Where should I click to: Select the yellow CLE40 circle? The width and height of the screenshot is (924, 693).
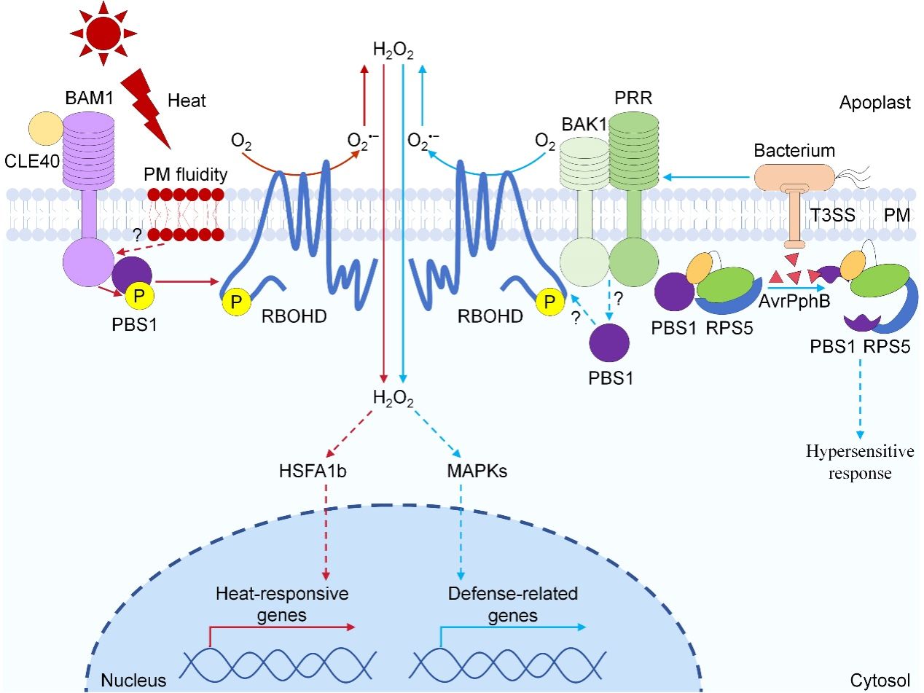click(x=47, y=129)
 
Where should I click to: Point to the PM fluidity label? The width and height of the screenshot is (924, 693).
click(x=184, y=175)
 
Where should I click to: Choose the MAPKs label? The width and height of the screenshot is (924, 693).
click(x=477, y=471)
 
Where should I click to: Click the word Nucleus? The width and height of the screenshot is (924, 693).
click(x=134, y=681)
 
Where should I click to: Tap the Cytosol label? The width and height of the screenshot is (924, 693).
click(x=880, y=681)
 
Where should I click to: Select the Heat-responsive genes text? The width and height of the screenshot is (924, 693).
click(x=282, y=605)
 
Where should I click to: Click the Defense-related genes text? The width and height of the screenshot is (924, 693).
click(x=512, y=605)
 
